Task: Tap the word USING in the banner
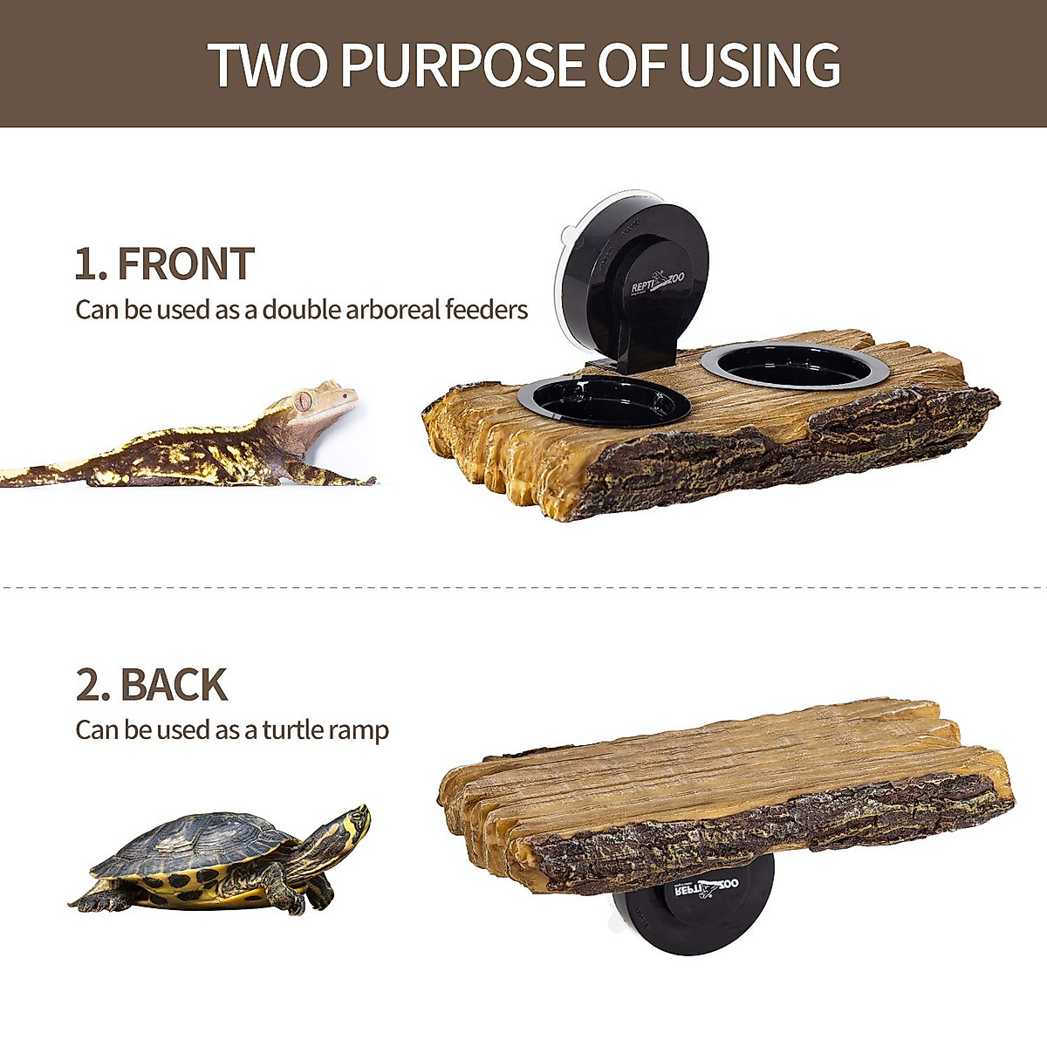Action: (x=759, y=65)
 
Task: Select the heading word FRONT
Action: (x=185, y=264)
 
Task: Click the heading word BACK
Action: (x=174, y=686)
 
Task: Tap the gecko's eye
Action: (x=303, y=401)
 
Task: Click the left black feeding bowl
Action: (x=604, y=401)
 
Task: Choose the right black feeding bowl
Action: (x=795, y=365)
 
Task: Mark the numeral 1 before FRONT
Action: (x=86, y=264)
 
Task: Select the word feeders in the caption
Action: (x=486, y=310)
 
